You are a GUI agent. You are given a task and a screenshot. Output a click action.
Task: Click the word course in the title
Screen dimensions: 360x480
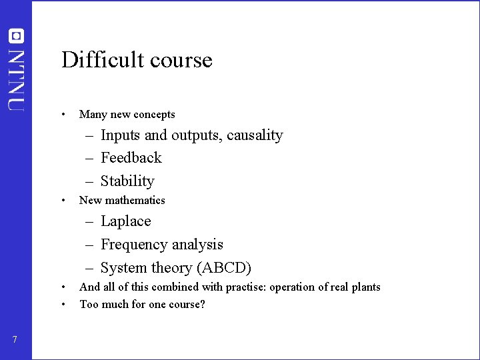click(x=181, y=61)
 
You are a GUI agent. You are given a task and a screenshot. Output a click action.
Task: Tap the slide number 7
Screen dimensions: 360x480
click(x=15, y=340)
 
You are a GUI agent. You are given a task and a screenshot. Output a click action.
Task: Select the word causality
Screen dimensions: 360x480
click(x=255, y=135)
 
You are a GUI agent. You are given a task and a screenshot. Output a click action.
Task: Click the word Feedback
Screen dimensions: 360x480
click(x=131, y=158)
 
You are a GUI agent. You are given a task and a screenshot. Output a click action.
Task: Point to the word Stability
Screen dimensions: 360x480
click(x=127, y=181)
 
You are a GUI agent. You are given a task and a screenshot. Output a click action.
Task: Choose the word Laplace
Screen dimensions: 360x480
click(x=126, y=221)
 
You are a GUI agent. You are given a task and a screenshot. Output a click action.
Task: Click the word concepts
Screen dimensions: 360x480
click(x=153, y=115)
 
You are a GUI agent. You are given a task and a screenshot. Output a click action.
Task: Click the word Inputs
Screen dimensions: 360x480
click(x=121, y=135)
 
